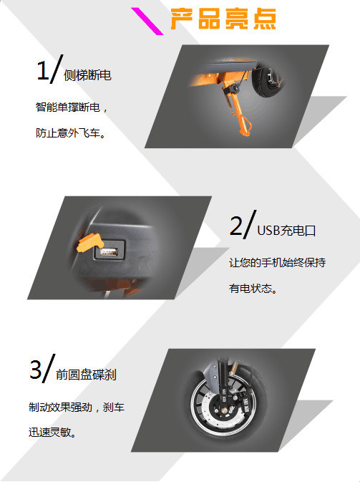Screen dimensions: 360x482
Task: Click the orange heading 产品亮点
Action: click(223, 19)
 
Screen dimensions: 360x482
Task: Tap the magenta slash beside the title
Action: click(147, 21)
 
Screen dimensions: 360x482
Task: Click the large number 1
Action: click(43, 70)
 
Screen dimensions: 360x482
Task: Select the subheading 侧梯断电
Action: click(87, 75)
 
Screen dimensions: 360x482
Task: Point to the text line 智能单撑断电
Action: click(68, 107)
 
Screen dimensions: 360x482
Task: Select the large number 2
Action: click(236, 226)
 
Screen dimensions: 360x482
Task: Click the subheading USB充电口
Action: click(286, 231)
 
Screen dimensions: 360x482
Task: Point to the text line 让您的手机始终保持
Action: click(278, 263)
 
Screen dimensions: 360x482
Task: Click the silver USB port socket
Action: click(109, 252)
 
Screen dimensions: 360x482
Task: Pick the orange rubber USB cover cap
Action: click(89, 243)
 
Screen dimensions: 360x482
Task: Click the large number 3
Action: click(36, 369)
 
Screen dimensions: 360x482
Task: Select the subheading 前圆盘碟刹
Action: click(86, 375)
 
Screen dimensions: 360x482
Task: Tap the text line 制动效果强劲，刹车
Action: click(77, 407)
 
